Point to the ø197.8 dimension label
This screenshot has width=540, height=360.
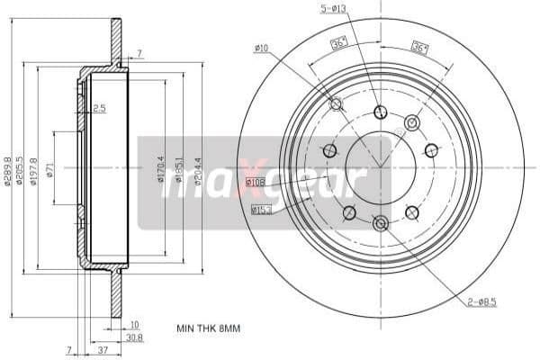pyautogui.click(x=34, y=172)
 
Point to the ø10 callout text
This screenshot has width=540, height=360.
pyautogui.click(x=263, y=48)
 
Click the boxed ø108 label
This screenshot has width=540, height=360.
pyautogui.click(x=256, y=184)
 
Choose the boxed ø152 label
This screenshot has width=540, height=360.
pyautogui.click(x=262, y=210)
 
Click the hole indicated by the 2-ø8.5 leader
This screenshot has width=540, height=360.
pyautogui.click(x=380, y=222)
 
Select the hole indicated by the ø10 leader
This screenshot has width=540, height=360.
pyautogui.click(x=337, y=104)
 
